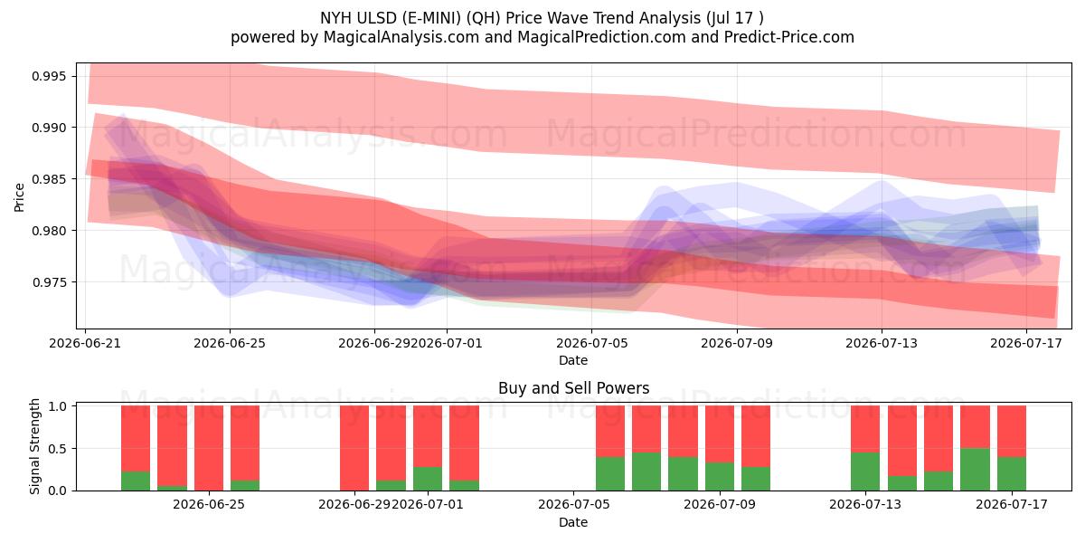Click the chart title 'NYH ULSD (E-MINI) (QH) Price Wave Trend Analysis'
(x=510, y=18)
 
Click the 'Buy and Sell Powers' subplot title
(x=573, y=388)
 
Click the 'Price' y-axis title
(x=19, y=197)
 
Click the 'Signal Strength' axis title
(x=34, y=446)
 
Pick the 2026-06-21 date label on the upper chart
(x=85, y=343)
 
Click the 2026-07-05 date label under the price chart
(x=591, y=343)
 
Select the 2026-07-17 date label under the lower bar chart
(x=1012, y=504)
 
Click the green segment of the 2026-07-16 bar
(x=975, y=470)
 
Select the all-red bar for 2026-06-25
(x=209, y=448)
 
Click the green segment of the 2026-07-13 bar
(x=865, y=472)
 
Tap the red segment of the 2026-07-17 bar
(x=1012, y=431)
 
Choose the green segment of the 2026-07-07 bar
(x=646, y=472)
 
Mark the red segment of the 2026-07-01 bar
(x=428, y=436)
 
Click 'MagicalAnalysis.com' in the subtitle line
(x=401, y=37)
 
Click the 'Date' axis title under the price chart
(x=573, y=360)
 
